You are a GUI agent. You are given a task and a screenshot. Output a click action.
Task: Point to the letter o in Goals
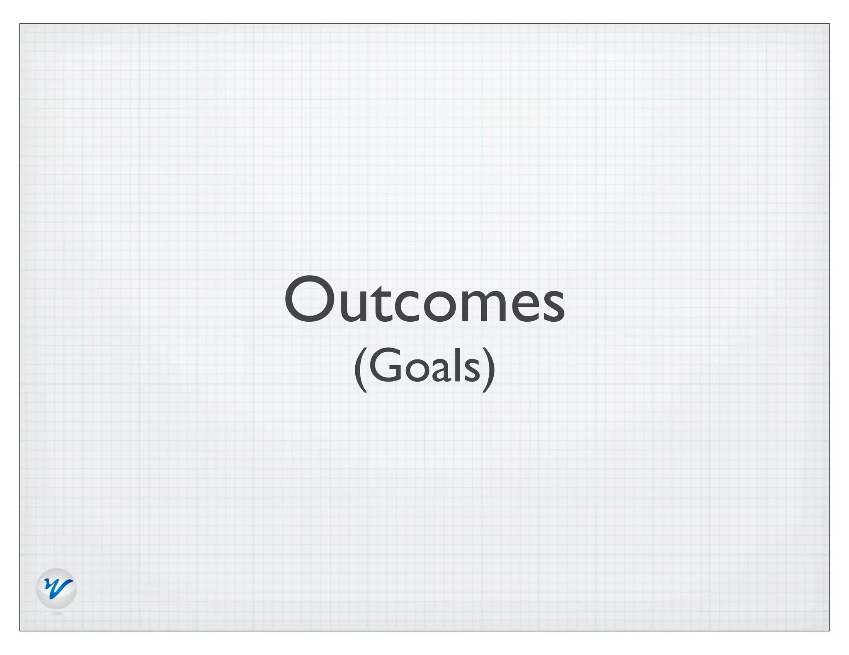(x=416, y=369)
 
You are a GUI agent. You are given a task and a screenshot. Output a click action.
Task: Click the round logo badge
(x=56, y=588)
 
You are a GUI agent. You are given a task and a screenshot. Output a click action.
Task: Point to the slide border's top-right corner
(x=829, y=24)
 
